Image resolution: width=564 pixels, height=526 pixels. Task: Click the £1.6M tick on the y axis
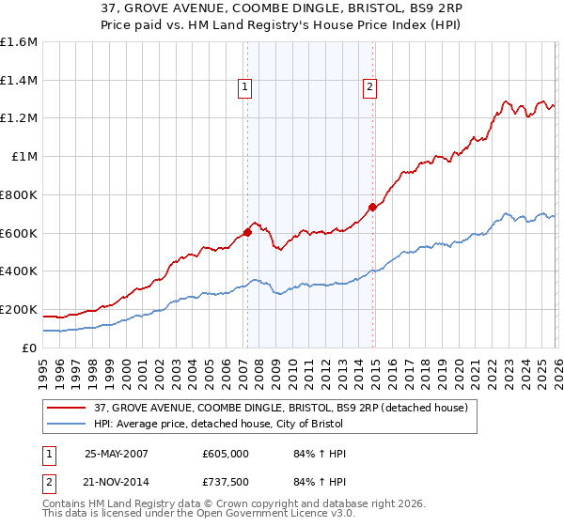tap(19, 42)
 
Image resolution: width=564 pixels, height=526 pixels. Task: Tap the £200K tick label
tap(19, 309)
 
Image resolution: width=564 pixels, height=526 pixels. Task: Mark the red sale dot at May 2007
tap(247, 231)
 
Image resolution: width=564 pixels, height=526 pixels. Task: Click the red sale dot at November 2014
tap(372, 207)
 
